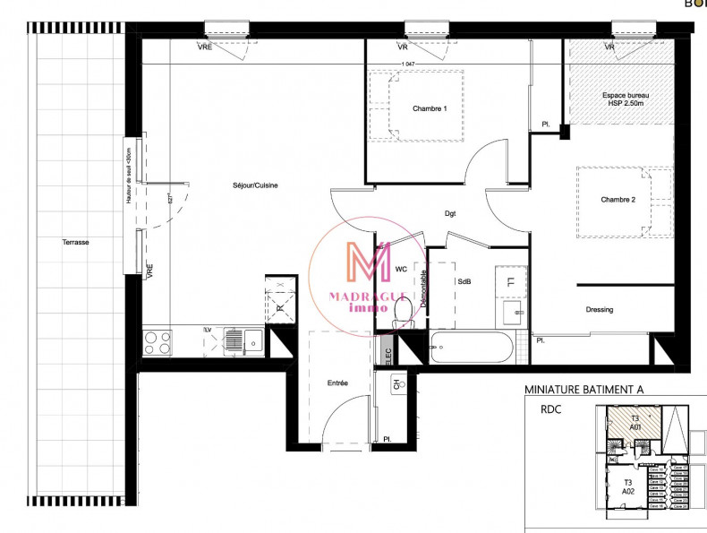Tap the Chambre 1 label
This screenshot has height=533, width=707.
(x=430, y=109)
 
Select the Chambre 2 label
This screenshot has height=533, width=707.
(x=618, y=200)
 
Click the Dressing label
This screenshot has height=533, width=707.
(x=600, y=310)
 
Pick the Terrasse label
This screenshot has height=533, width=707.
(x=75, y=243)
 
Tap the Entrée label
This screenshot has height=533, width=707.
(x=337, y=383)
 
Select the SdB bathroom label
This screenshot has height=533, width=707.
(x=464, y=280)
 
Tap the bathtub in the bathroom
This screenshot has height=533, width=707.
(x=471, y=348)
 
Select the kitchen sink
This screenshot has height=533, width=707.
(x=243, y=340)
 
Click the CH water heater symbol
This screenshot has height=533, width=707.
(x=396, y=386)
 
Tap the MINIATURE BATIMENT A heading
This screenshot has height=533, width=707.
(x=583, y=390)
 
